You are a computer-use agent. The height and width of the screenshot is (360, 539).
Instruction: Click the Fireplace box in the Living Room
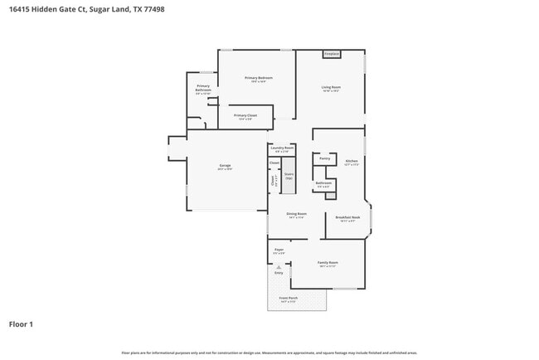[332, 54]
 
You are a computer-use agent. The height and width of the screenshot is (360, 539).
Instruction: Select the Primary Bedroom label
[259, 79]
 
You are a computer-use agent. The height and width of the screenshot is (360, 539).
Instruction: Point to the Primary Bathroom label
[203, 88]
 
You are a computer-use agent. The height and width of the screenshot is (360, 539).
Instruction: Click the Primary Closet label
[245, 115]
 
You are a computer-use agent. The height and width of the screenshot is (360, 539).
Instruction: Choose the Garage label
[225, 166]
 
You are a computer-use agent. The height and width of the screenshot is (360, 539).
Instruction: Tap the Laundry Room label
[281, 148]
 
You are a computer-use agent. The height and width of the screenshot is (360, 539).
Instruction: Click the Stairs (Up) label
[289, 176]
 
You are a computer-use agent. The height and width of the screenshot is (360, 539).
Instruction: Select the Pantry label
[324, 158]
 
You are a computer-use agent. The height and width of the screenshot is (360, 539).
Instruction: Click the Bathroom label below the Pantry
[323, 183]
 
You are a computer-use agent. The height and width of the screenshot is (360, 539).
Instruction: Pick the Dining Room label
[296, 214]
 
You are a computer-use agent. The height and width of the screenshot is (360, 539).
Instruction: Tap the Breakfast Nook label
[347, 217]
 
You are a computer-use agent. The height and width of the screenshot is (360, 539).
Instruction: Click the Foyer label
[279, 249]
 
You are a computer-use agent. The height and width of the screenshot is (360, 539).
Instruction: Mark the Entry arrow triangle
[279, 266]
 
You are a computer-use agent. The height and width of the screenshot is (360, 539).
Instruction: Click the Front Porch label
[288, 298]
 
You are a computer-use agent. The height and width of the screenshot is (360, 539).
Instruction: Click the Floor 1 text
[21, 324]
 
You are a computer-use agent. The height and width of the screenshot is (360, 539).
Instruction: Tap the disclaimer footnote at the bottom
[269, 353]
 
